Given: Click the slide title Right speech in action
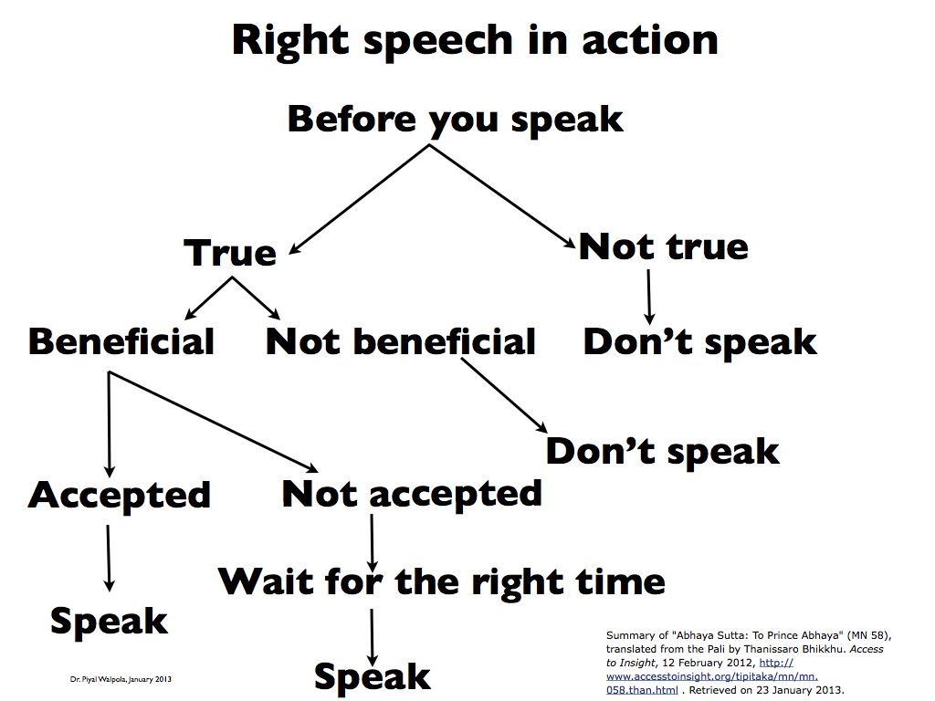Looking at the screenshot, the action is pos(474,41).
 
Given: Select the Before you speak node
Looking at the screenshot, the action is pos(455,120).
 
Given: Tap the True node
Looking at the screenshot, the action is pos(230,253).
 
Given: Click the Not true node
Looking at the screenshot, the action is pos(664,246).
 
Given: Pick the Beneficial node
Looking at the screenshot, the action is pos(121,341).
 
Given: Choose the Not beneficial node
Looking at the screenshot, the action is pos(400,341).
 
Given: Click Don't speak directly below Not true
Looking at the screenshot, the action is pos(700,341).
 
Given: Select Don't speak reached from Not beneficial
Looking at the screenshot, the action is pos(663,452).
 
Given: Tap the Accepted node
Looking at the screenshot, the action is pos(120,495).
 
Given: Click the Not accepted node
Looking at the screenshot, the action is pos(412,494).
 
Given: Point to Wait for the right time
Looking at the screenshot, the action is pos(442,581).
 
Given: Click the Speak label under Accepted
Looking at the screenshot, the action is pos(110,621).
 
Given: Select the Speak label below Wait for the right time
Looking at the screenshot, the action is pos(373,676).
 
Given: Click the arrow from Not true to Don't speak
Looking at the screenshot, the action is pos(648,296).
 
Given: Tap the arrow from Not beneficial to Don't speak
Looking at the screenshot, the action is pos(504,396).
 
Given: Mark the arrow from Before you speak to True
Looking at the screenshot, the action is pos(361,198).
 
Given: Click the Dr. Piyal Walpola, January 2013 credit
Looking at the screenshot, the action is pos(122,679).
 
